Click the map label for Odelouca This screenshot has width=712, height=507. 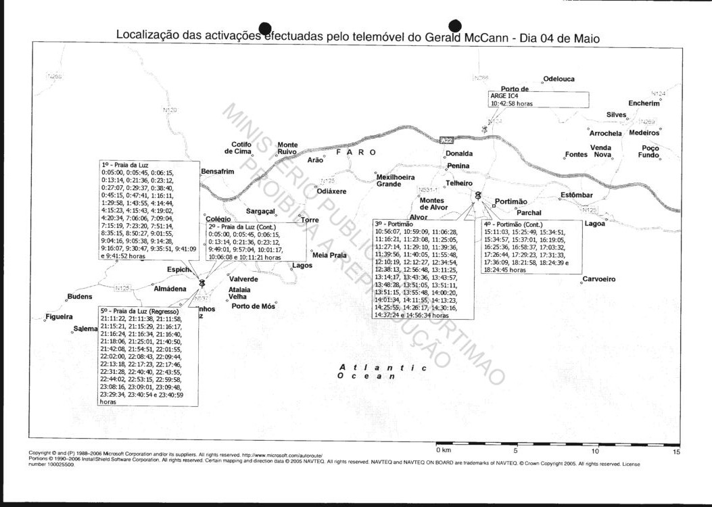(559, 79)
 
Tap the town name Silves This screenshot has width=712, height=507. (616, 115)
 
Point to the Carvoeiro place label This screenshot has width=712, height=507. (598, 279)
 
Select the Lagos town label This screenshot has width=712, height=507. (302, 266)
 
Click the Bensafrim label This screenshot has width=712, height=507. (218, 172)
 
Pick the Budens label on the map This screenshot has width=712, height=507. (80, 297)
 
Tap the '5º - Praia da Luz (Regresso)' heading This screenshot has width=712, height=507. (139, 311)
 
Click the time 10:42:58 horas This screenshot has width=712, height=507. (512, 104)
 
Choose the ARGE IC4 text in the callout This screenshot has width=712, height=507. (504, 96)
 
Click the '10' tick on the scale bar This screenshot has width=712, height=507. (595, 451)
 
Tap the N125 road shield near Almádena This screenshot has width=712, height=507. (122, 289)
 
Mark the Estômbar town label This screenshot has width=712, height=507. (576, 195)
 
